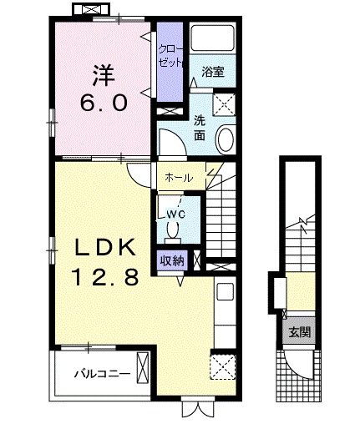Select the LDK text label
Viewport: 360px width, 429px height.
102,248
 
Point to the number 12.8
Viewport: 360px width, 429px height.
103,278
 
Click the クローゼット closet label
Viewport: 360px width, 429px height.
170,56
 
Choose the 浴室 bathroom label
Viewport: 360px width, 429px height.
211,73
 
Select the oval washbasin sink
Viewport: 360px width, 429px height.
226,139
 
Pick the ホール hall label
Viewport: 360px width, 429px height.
180,178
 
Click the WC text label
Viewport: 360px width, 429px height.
175,214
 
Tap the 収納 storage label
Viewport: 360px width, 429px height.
173,260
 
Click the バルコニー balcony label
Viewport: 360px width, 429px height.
99,373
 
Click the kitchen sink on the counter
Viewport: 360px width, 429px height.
224,292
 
